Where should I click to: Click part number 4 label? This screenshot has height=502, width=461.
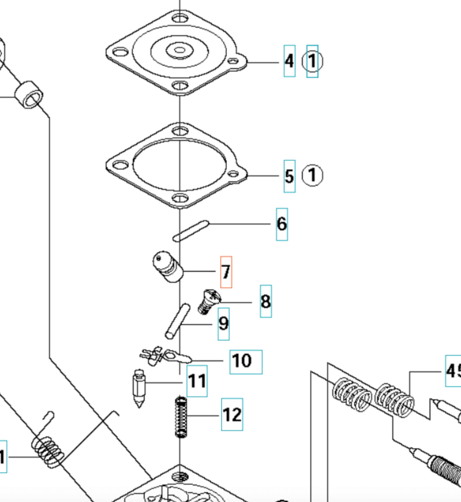tap(289, 61)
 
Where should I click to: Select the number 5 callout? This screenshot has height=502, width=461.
tap(289, 176)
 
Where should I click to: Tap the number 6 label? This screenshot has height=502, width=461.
tap(282, 224)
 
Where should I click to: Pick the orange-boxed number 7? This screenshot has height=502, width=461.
tap(226, 272)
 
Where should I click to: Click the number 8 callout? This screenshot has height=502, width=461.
tap(265, 301)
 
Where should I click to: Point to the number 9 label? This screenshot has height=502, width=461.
tap(223, 324)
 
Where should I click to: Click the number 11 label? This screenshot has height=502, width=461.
tap(197, 381)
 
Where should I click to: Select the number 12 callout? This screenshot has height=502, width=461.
tap(232, 414)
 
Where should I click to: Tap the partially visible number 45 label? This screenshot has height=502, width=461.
tap(453, 371)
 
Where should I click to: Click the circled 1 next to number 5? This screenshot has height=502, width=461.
tap(312, 175)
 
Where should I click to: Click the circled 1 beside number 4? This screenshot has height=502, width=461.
tap(312, 61)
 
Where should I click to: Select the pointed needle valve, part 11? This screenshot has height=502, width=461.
tap(139, 388)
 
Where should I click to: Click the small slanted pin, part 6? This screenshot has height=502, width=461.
tap(191, 231)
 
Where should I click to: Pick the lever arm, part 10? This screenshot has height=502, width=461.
tap(166, 355)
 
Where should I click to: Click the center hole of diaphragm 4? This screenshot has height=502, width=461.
tap(179, 50)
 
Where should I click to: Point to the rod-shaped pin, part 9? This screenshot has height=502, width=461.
tap(177, 321)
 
